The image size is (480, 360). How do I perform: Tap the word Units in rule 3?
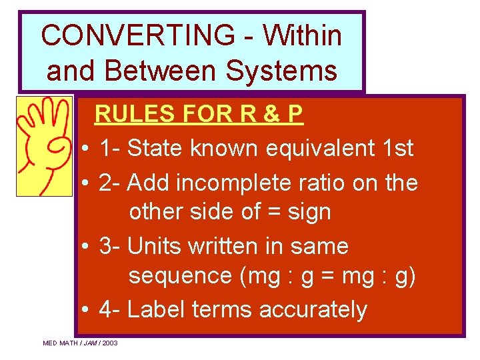154,246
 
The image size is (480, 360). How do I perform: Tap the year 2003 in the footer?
110,343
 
